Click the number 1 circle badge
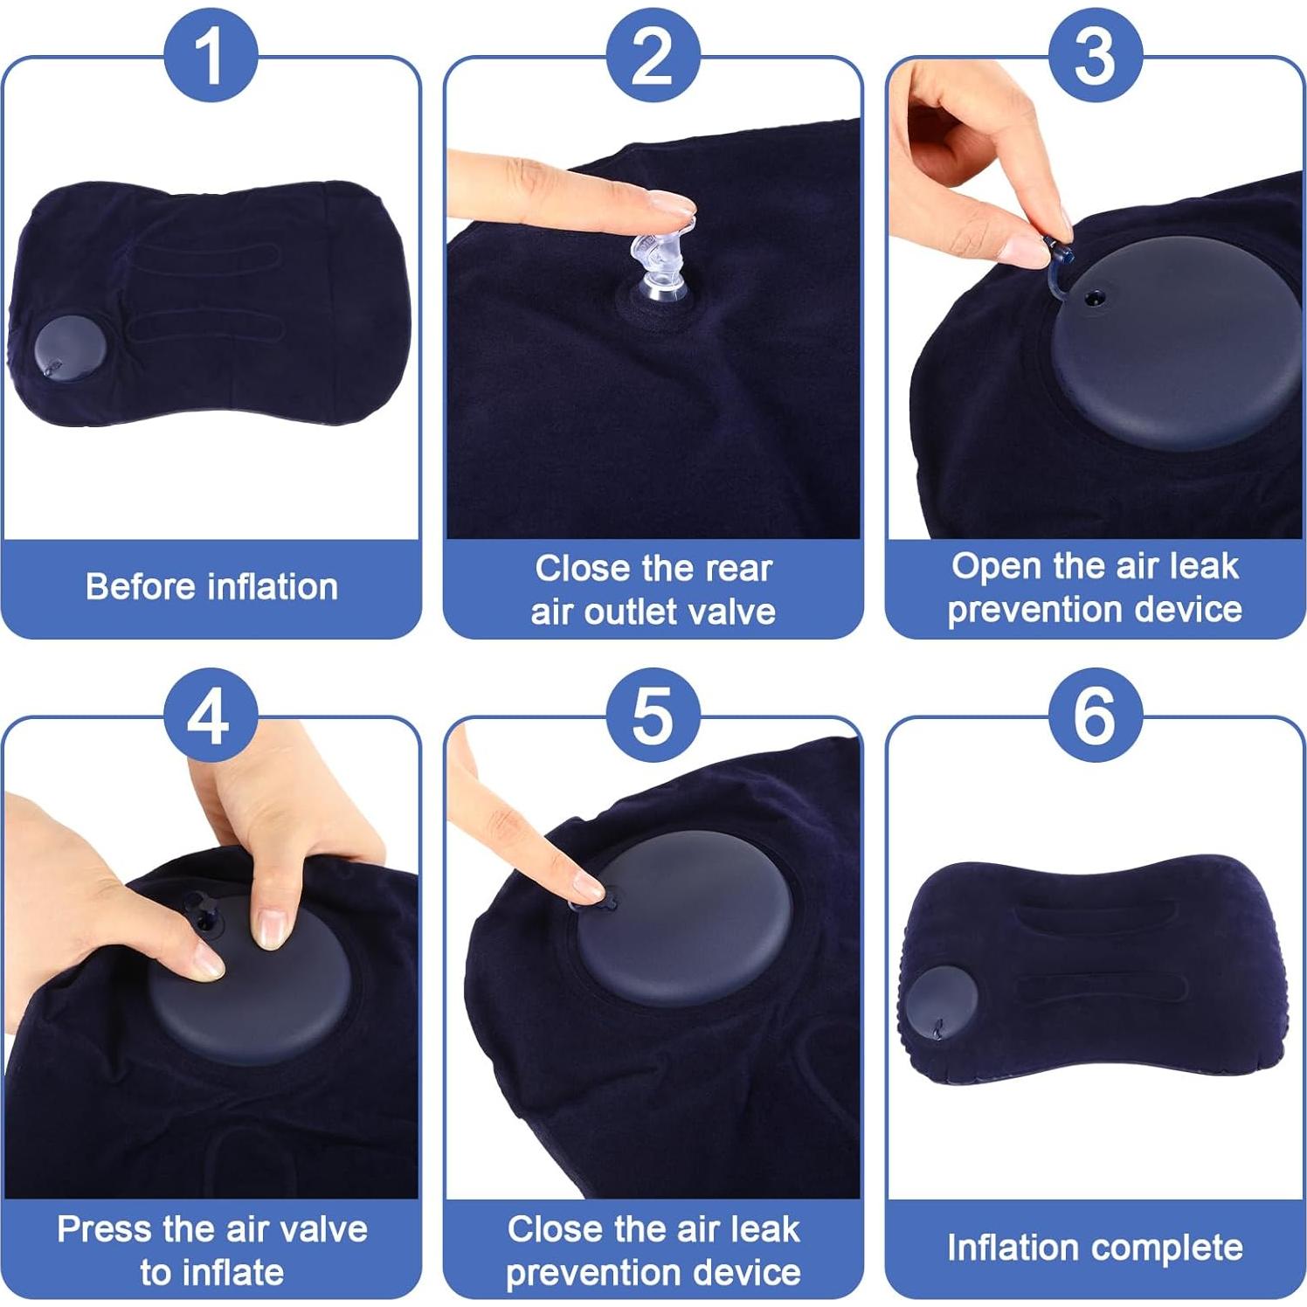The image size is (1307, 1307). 211,55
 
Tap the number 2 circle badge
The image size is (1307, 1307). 653,55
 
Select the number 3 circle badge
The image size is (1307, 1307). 1096,55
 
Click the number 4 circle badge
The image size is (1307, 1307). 211,716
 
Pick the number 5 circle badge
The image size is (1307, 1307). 653,716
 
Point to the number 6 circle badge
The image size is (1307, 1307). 1096,716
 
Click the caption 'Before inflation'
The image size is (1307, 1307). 211,587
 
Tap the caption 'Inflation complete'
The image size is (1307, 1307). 1095,1248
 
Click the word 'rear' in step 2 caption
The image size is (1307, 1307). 741,569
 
